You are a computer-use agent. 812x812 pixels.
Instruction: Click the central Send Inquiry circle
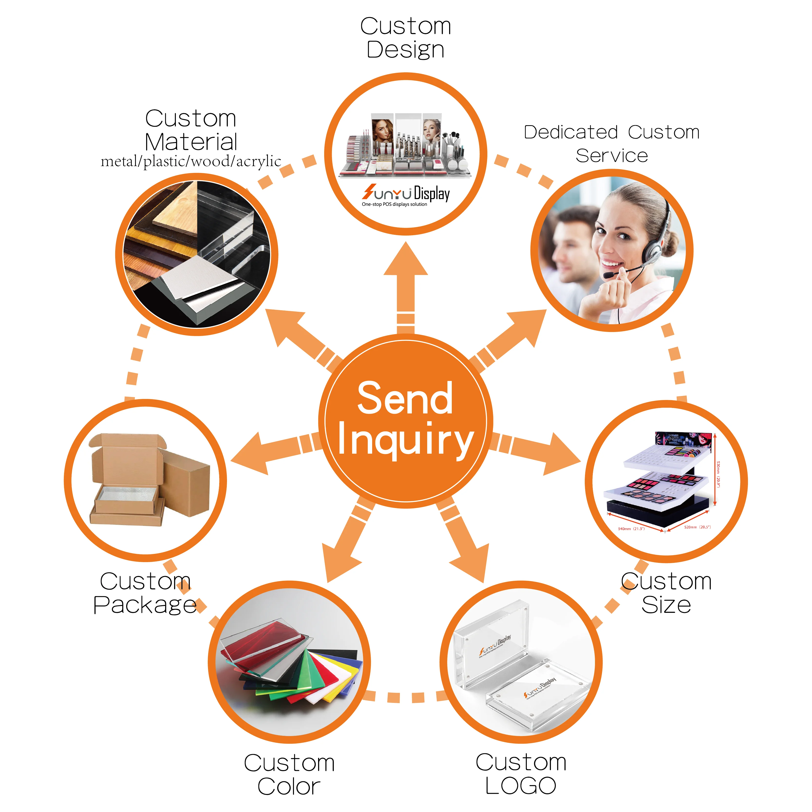[406, 420]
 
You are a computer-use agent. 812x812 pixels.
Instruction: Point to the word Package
[145, 605]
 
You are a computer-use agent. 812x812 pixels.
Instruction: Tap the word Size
[666, 605]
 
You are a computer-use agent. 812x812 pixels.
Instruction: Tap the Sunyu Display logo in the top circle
[406, 193]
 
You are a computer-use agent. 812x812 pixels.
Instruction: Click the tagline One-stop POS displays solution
[394, 205]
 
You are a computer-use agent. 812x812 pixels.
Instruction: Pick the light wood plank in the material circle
[177, 214]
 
